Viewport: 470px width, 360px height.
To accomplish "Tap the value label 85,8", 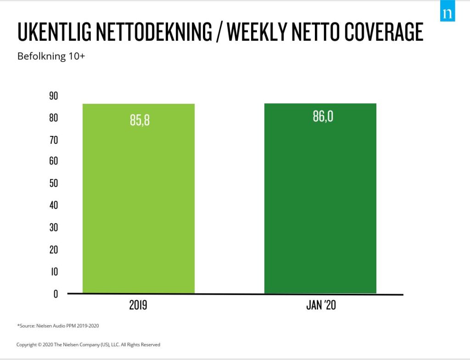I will pyautogui.click(x=140, y=121).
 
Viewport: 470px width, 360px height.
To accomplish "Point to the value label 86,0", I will pyautogui.click(x=323, y=117).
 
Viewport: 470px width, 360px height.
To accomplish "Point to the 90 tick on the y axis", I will pyautogui.click(x=53, y=96).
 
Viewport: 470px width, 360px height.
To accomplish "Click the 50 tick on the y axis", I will pyautogui.click(x=53, y=183).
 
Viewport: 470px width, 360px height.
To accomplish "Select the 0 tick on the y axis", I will pyautogui.click(x=56, y=294).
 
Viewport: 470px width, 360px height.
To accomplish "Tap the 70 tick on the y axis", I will pyautogui.click(x=53, y=140).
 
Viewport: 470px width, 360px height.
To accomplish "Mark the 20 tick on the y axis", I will pyautogui.click(x=53, y=250).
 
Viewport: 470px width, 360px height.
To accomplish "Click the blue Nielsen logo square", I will pyautogui.click(x=447, y=13).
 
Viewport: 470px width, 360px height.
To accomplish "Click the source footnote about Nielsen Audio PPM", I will pyautogui.click(x=58, y=326).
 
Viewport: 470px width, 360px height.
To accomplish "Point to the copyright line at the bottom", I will pyautogui.click(x=88, y=344).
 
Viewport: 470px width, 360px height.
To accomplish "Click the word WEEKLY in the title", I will pyautogui.click(x=256, y=32).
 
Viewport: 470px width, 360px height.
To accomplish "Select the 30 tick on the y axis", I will pyautogui.click(x=53, y=228).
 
